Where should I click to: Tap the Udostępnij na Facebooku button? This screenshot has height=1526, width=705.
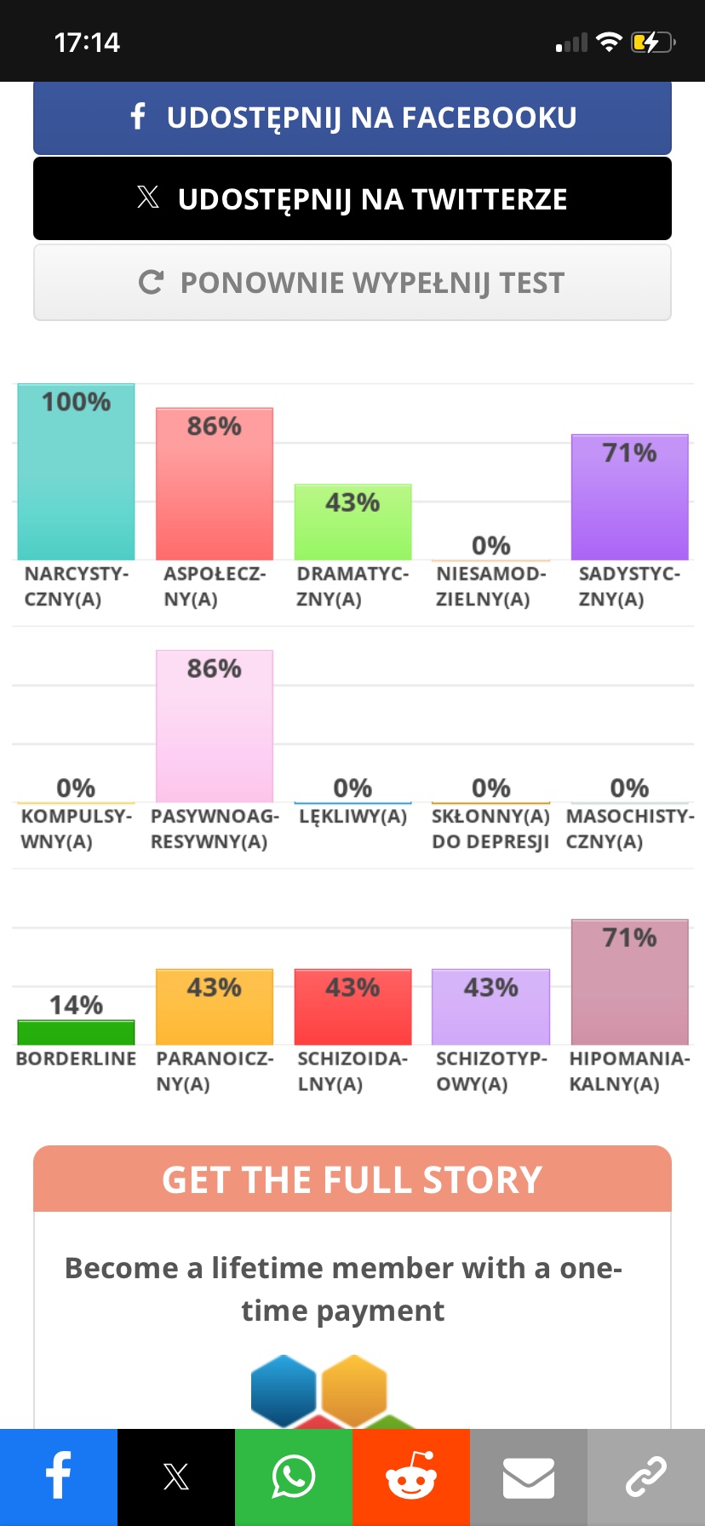coord(352,118)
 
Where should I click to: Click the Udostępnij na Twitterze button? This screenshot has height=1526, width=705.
coord(352,199)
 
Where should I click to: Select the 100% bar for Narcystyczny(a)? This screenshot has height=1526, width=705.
coord(76,473)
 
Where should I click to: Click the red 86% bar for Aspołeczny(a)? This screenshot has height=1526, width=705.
coord(215,485)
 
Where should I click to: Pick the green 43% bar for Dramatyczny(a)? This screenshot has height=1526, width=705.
coord(352,522)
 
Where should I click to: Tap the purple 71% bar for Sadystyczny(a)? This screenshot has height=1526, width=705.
coord(629,497)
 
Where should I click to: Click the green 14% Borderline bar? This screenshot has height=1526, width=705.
coord(76,1032)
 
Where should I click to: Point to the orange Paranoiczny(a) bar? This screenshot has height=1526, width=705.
coord(215,1007)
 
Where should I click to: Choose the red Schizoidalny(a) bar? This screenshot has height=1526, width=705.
coord(352,1007)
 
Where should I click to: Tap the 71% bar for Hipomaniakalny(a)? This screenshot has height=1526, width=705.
coord(629,983)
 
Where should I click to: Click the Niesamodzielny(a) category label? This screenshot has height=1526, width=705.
coord(490,587)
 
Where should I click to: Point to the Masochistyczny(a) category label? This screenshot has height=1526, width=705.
coord(629,829)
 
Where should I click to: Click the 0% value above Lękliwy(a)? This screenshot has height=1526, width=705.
coord(352,788)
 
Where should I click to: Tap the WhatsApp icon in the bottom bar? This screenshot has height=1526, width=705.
coord(294,1477)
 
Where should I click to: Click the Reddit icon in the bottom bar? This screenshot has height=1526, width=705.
coord(411,1477)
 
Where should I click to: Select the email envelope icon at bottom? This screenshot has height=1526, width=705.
coord(529,1477)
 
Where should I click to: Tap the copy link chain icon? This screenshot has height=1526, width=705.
coord(646,1477)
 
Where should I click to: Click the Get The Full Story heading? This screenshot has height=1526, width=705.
coord(352,1179)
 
